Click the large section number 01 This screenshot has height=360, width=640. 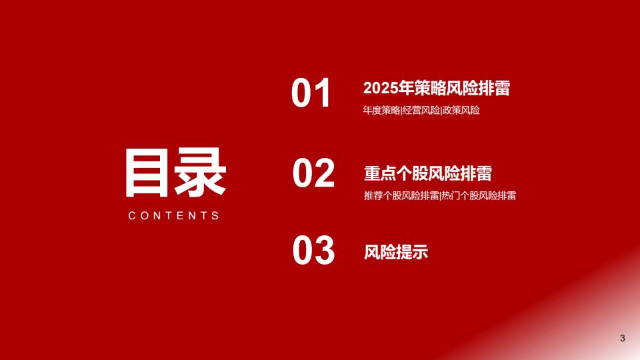311,93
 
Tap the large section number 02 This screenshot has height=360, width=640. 313,173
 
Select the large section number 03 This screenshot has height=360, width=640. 313,250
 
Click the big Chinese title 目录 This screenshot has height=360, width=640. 175,173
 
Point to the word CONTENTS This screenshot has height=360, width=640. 174,215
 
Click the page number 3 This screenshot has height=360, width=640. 623,338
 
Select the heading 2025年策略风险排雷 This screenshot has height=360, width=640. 436,88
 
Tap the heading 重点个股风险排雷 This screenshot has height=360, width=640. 428,173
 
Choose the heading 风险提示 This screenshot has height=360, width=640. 396,252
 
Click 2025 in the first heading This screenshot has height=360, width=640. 381,88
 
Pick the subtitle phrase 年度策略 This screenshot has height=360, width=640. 381,110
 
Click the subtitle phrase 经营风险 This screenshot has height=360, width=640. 421,110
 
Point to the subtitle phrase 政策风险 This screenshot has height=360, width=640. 461,110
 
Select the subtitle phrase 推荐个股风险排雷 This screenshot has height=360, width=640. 401,195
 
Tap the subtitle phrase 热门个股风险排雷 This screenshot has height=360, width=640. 479,195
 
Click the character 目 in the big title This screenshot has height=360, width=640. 147,173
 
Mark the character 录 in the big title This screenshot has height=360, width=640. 201,173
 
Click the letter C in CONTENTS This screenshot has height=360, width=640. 132,215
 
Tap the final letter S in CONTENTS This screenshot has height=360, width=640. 215,215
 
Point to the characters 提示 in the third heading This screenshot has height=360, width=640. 412,252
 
